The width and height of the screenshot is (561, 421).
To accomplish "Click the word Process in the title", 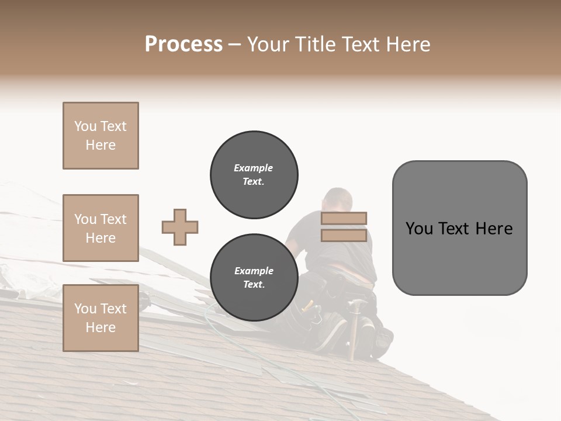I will [x=183, y=44].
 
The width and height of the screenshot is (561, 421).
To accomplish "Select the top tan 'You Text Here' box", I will [x=101, y=136].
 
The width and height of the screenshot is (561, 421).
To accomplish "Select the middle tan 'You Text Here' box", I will [x=101, y=228].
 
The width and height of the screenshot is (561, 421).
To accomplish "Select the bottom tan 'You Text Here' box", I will [x=101, y=318].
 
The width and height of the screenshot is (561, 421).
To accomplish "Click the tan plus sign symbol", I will [x=180, y=227].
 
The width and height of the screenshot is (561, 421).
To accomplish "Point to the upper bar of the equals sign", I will [x=344, y=218].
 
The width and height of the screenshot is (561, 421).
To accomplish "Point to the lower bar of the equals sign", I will [x=344, y=236].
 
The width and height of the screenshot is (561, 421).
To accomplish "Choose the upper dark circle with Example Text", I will [x=254, y=175].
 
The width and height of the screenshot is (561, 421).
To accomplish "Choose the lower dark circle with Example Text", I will [x=254, y=278].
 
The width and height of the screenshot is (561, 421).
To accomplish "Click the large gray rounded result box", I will [x=459, y=228].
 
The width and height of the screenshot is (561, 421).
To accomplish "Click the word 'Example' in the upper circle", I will [x=254, y=168].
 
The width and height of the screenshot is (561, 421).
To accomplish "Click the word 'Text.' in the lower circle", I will [x=254, y=285].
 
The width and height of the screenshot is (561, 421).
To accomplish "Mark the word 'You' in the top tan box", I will [x=85, y=126].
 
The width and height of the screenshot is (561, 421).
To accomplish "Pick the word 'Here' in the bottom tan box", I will [x=101, y=327].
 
